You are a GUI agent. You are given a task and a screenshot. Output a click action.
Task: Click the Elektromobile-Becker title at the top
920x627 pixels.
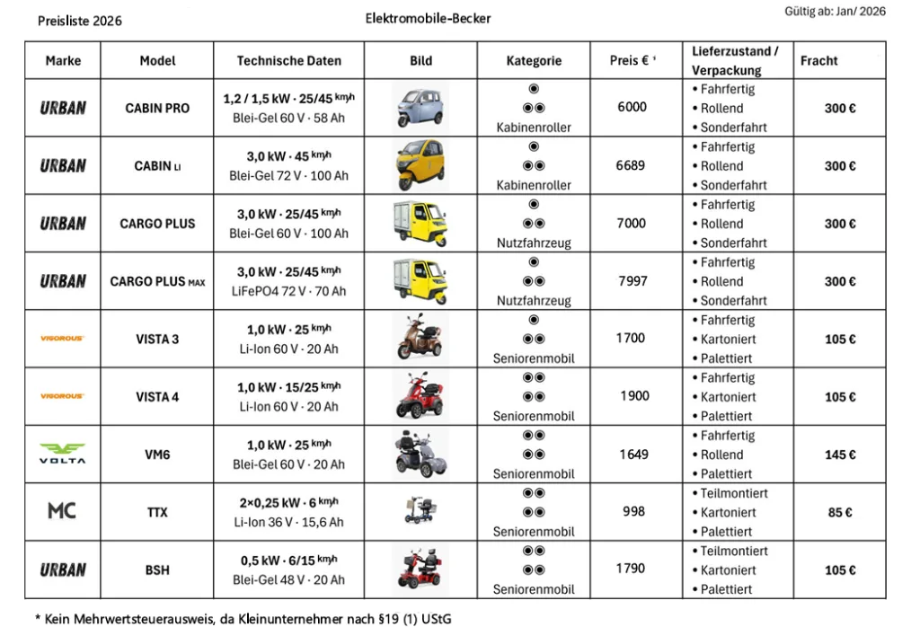click(429, 18)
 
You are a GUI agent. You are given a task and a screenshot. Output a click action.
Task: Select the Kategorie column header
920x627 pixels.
click(534, 61)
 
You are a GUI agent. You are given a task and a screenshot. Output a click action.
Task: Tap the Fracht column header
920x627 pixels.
click(818, 61)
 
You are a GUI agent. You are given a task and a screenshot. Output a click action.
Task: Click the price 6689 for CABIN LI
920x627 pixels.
click(632, 165)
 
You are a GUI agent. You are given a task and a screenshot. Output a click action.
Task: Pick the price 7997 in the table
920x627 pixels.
click(632, 281)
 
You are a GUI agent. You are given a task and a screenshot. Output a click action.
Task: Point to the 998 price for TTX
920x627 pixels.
click(633, 511)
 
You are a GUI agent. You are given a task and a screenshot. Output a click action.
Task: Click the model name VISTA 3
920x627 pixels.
click(157, 339)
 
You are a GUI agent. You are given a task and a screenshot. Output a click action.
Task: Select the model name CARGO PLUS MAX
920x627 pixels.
click(157, 281)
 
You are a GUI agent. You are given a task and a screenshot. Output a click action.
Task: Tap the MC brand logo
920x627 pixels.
click(62, 511)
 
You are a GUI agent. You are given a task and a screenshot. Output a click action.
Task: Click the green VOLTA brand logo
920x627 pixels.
click(62, 454)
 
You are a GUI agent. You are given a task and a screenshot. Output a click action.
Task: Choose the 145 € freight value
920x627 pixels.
click(840, 455)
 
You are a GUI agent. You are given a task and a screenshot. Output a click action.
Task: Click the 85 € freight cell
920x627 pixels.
click(840, 512)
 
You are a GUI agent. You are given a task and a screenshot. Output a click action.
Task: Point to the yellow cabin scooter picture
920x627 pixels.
click(420, 165)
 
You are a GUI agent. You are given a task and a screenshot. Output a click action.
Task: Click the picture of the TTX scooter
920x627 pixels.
click(420, 510)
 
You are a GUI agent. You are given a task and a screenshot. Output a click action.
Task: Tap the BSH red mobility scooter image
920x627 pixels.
click(420, 569)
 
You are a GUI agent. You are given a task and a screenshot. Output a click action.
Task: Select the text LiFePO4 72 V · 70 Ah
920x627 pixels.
click(287, 291)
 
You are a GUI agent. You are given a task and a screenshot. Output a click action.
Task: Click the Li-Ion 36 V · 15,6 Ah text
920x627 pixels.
click(288, 522)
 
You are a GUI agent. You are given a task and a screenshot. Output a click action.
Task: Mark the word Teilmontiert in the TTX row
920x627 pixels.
click(734, 493)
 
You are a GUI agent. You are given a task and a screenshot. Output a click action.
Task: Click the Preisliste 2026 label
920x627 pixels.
click(80, 21)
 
